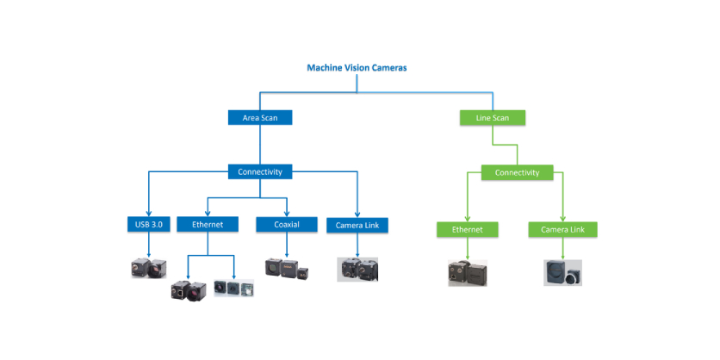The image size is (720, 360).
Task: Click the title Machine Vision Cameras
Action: point(357,68)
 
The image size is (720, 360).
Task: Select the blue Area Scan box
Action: point(259,117)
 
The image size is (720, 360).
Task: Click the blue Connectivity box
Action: point(259,172)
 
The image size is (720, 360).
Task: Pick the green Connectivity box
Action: point(517,172)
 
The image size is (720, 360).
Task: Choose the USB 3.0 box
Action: point(149,225)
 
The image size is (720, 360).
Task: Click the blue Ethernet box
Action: point(207,225)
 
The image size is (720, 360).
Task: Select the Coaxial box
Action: point(283,225)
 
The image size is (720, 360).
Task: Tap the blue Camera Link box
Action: point(357,226)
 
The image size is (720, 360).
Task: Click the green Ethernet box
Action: point(468,230)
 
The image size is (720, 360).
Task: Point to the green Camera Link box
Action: point(562,230)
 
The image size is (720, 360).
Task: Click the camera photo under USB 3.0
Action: point(145,268)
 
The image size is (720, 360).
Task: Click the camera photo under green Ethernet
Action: point(468,273)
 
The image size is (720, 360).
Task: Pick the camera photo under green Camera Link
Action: point(562,273)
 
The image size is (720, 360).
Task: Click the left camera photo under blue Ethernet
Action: point(189,290)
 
